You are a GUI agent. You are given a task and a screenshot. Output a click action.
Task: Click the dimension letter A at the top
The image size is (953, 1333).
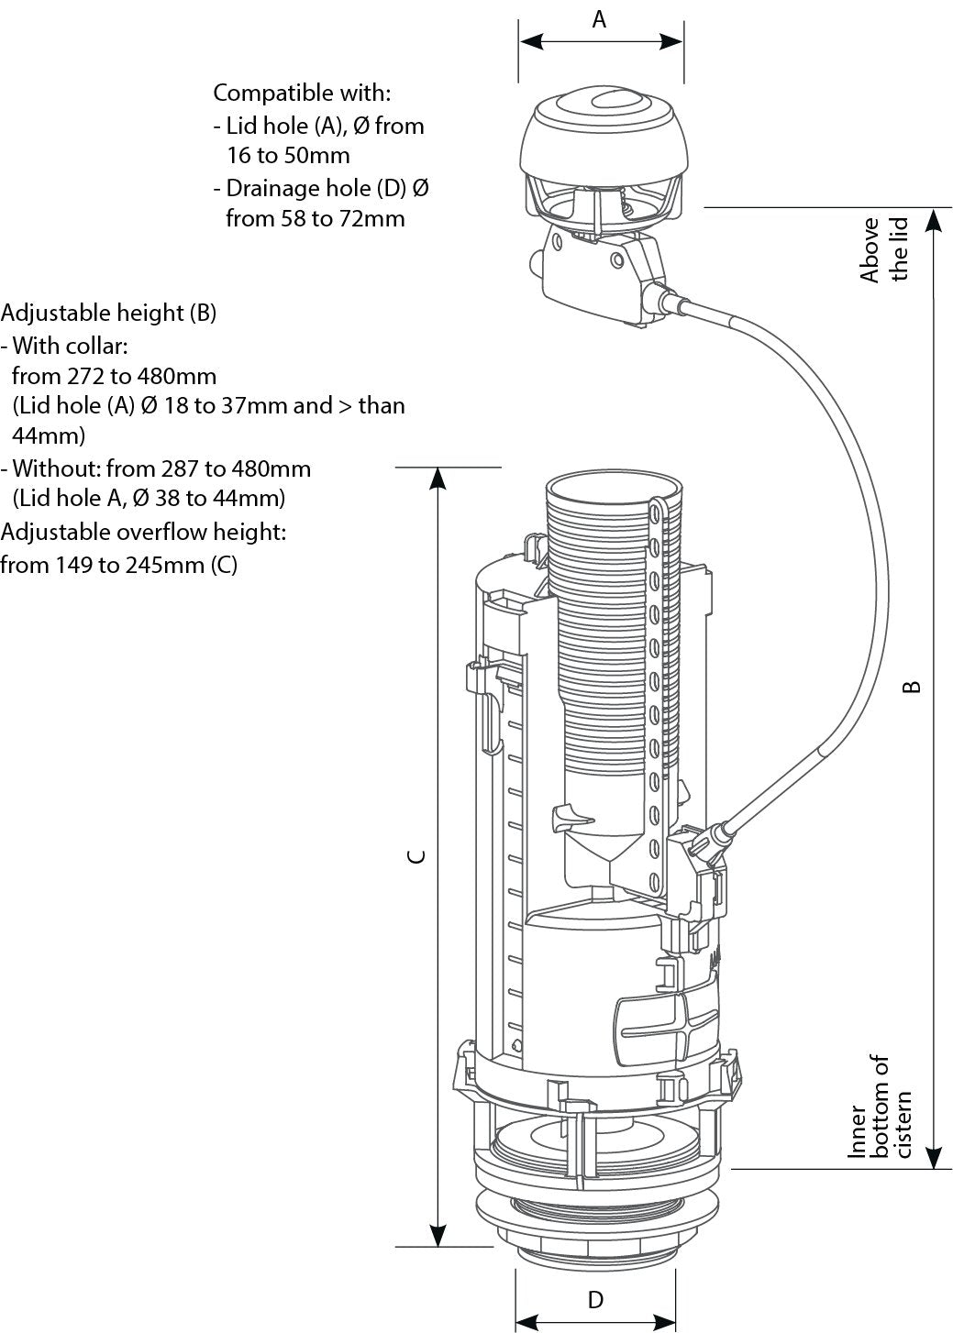point(599,18)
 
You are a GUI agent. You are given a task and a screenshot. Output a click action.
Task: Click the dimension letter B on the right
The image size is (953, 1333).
point(911,686)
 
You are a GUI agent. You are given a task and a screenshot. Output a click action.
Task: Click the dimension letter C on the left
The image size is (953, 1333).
point(416,856)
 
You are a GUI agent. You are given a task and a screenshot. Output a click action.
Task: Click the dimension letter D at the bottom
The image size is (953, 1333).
point(595,1299)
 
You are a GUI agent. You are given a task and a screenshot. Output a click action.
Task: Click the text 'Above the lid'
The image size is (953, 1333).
point(883,249)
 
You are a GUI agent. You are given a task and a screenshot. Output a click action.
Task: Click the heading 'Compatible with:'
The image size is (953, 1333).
point(302,93)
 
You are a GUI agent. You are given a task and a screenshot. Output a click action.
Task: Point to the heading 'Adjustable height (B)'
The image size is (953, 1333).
point(108,313)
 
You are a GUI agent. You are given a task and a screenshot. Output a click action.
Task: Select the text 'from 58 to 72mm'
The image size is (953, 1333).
point(315,218)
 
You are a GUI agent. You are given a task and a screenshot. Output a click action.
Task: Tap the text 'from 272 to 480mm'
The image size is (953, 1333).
point(114,376)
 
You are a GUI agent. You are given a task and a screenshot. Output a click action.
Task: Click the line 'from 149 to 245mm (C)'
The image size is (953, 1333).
point(118,565)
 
